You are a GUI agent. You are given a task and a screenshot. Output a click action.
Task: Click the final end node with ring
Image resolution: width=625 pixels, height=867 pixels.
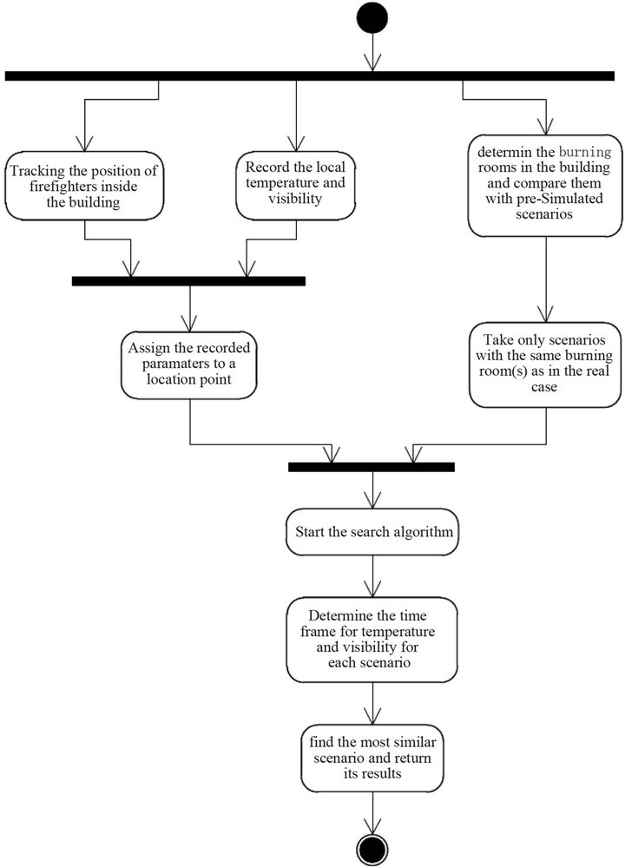pos(372,847)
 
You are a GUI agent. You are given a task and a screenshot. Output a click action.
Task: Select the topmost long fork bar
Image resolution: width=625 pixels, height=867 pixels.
pos(312,76)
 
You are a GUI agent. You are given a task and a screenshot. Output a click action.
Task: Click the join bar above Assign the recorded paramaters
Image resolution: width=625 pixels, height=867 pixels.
pos(188,280)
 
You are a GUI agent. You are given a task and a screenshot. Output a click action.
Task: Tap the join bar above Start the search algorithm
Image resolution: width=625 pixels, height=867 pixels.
pos(372,467)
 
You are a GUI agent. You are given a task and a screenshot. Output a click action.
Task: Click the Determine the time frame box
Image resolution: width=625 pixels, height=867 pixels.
pos(372,638)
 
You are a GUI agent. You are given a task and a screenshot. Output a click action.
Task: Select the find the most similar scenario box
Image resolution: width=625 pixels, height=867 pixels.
pos(372,759)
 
